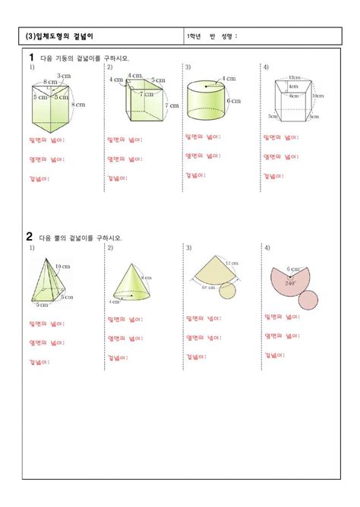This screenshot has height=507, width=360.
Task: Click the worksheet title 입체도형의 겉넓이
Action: pos(61,36)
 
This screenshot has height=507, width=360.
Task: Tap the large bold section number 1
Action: pos(31,57)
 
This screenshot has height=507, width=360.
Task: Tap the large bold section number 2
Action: pos(31,237)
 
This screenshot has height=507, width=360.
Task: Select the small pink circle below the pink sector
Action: pos(307,299)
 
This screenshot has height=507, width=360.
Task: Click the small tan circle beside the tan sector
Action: pos(238,291)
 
